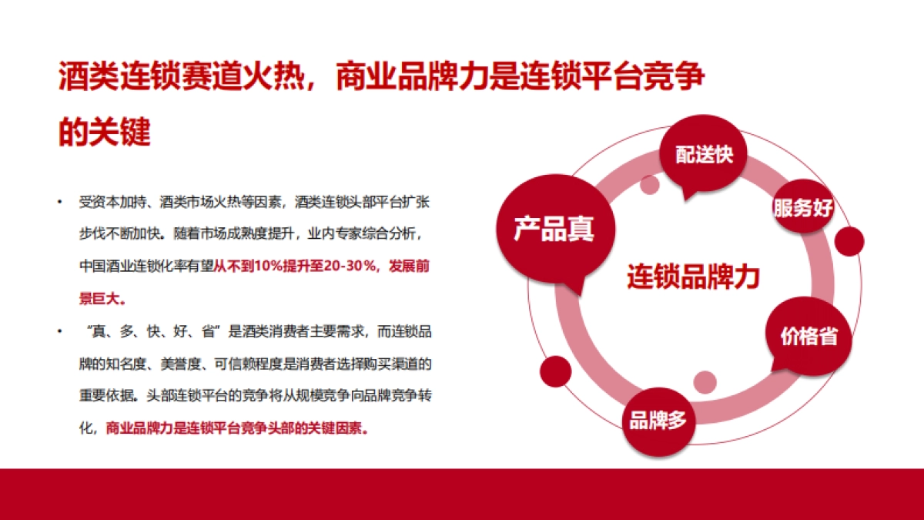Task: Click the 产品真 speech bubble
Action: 554,230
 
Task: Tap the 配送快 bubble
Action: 704,154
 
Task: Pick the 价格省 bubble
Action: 808,337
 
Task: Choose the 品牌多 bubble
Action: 658,421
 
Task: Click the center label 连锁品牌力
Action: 692,277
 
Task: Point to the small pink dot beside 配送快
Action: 650,184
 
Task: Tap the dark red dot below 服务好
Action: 849,242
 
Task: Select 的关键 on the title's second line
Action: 105,132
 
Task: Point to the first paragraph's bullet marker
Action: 60,203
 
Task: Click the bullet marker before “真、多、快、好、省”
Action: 60,331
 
